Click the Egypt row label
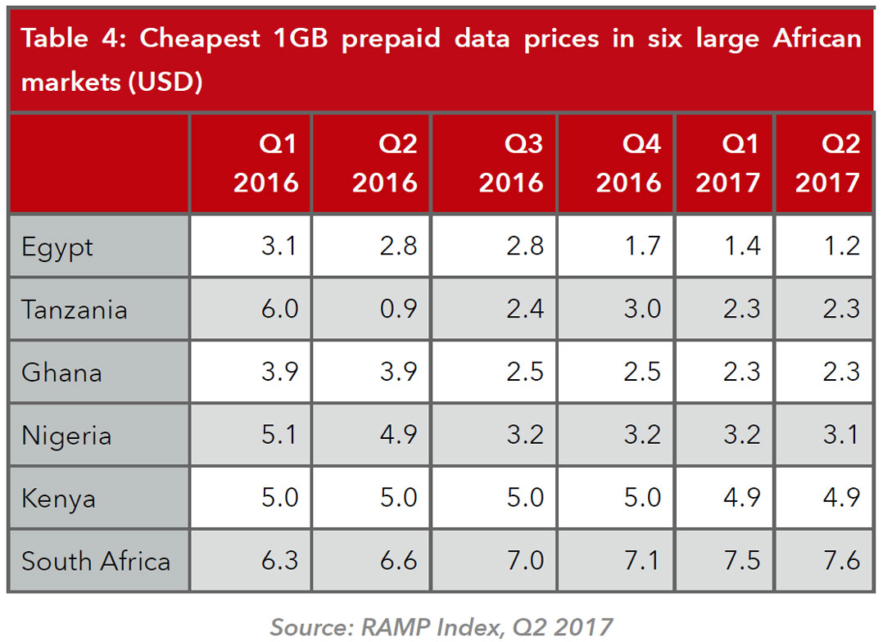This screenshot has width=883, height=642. pyautogui.click(x=57, y=246)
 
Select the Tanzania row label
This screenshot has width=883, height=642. pyautogui.click(x=75, y=310)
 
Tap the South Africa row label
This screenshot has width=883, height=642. pyautogui.click(x=96, y=561)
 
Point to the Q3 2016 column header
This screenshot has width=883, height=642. pyautogui.click(x=511, y=163)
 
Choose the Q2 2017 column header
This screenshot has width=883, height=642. pyautogui.click(x=827, y=163)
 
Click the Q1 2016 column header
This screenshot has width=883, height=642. pyautogui.click(x=266, y=163)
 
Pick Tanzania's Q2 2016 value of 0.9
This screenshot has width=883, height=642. pyautogui.click(x=399, y=310)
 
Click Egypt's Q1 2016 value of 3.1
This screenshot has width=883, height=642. pyautogui.click(x=279, y=246)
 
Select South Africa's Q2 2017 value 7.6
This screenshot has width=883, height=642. pyautogui.click(x=841, y=561)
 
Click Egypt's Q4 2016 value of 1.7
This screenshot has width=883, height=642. pyautogui.click(x=642, y=246)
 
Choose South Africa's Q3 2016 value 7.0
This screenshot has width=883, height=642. pyautogui.click(x=524, y=561)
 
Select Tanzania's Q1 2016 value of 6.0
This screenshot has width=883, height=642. pyautogui.click(x=279, y=310)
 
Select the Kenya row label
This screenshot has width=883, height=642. pyautogui.click(x=58, y=498)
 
